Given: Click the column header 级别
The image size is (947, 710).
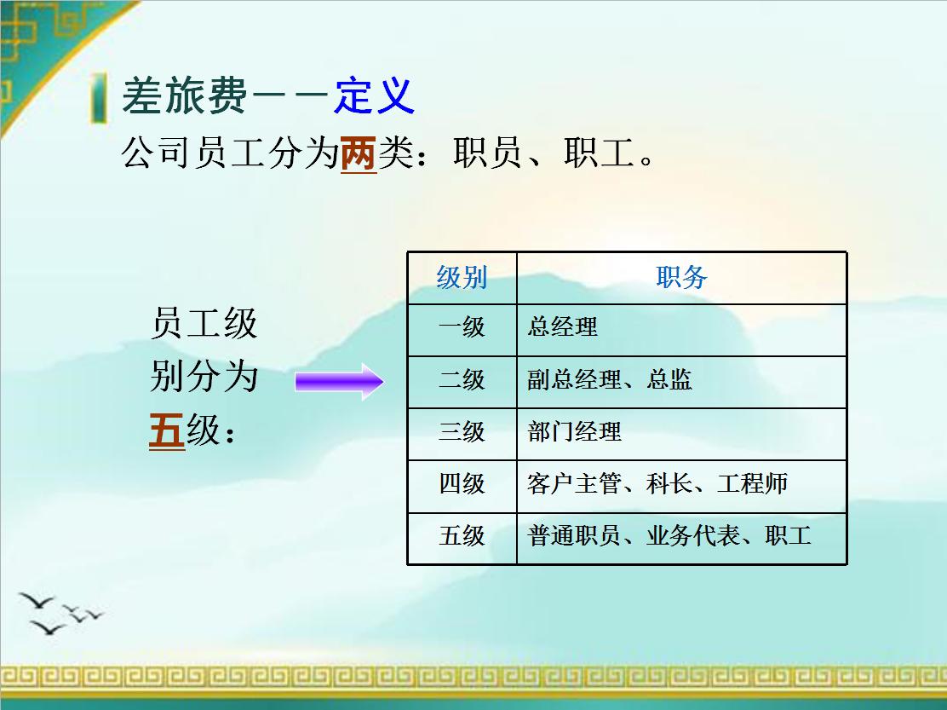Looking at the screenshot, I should (462, 278).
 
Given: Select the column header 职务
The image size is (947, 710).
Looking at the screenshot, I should (681, 278).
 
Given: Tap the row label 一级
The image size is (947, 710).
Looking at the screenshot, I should (462, 326).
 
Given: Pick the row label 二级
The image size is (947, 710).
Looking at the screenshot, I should (462, 379).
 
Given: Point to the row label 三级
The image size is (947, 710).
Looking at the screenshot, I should (462, 431).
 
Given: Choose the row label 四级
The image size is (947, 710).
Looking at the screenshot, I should (462, 484).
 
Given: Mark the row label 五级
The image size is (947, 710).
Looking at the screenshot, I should (462, 536).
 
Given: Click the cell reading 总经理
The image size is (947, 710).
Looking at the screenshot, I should (562, 326).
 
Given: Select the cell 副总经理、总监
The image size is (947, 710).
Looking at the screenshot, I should (609, 379).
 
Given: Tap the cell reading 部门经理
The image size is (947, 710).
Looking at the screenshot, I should (574, 431).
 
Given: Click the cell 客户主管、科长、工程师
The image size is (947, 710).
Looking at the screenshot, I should (657, 484).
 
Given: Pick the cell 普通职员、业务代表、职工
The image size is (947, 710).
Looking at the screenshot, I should (669, 536).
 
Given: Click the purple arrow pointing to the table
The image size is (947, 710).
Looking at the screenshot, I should (339, 381).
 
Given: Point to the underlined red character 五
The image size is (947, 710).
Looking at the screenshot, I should (167, 430).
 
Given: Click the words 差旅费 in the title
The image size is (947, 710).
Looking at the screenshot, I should (184, 95).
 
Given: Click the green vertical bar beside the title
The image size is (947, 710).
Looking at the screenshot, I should (100, 98).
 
